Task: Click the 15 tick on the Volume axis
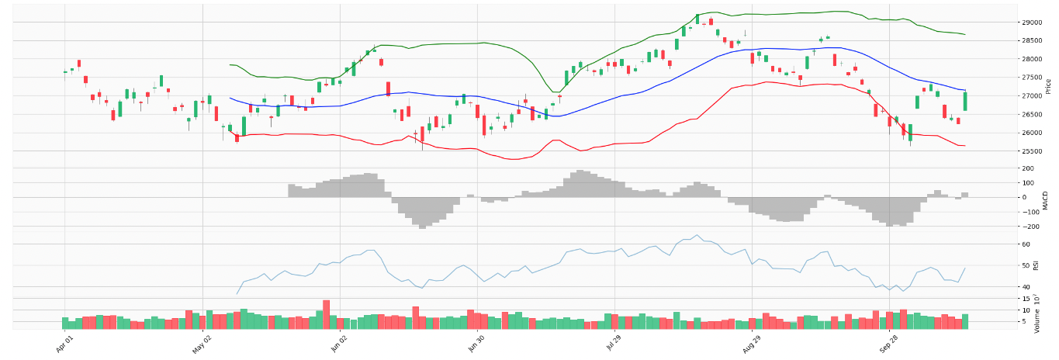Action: pos(1025,299)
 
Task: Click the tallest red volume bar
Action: pos(327,314)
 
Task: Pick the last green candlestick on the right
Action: pos(965,102)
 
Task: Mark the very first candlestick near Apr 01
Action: pos(65,72)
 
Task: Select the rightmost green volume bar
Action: pos(965,321)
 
